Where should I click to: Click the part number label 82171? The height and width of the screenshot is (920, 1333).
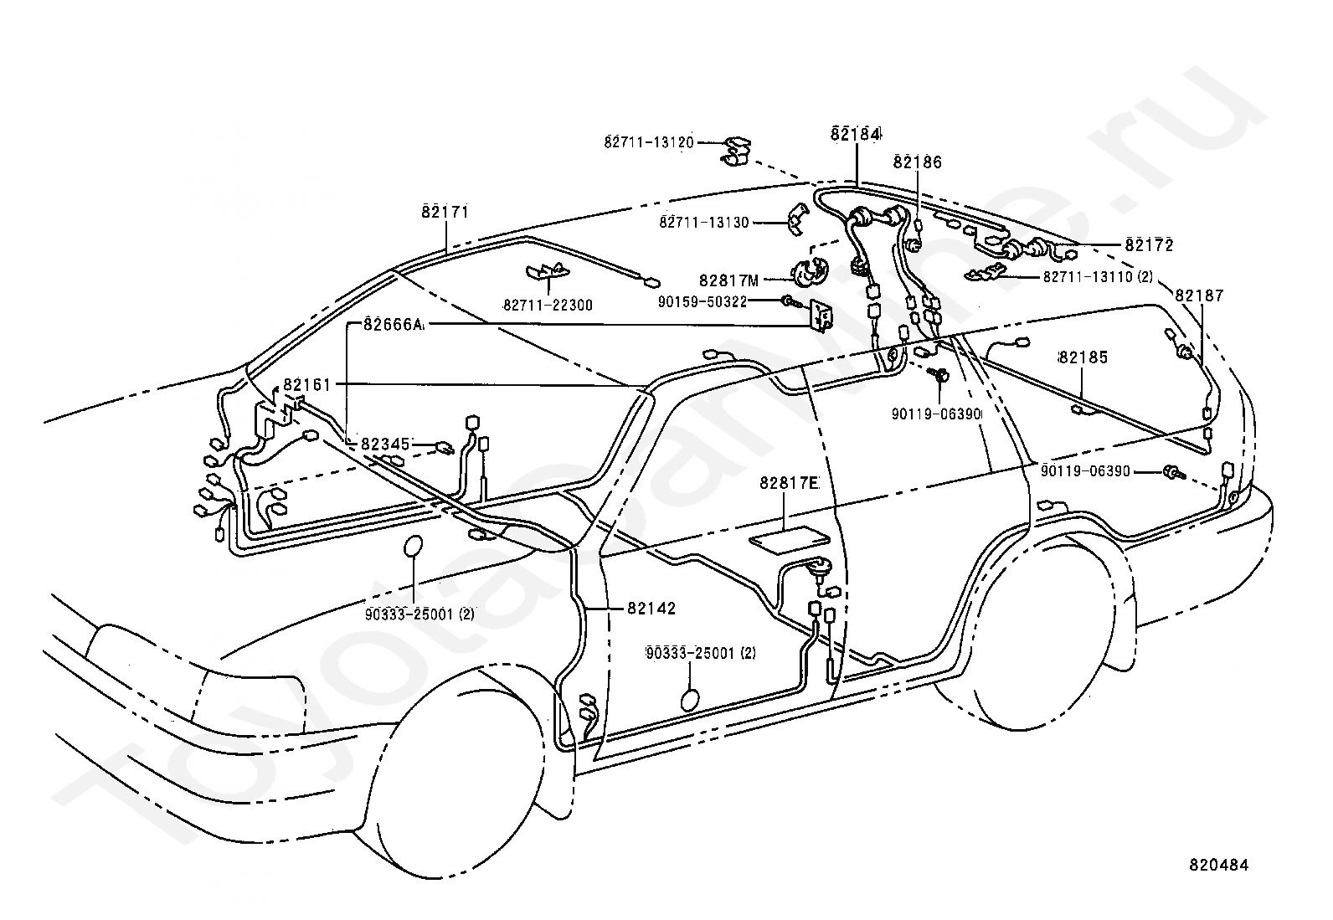445,212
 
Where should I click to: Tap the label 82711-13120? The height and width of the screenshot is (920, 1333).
649,143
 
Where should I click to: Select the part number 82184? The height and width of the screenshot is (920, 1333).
856,135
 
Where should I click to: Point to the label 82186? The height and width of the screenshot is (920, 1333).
918,162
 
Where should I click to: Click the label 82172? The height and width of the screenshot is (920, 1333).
1149,245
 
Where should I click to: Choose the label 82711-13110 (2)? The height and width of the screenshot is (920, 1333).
1098,277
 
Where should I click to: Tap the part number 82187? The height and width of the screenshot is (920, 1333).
1199,296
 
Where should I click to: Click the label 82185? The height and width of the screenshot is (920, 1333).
1083,357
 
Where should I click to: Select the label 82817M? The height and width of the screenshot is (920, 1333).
729,280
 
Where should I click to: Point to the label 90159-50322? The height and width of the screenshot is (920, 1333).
703,302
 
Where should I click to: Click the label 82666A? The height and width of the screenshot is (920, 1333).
393,325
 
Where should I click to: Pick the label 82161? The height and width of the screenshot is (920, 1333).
306,385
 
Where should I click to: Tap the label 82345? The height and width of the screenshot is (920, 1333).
385,445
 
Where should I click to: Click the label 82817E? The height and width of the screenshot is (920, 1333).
789,483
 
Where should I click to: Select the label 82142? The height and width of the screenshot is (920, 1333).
651,609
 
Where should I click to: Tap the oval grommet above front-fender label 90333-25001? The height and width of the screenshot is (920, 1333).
414,547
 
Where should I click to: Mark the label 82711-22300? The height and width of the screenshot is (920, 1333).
548,306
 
